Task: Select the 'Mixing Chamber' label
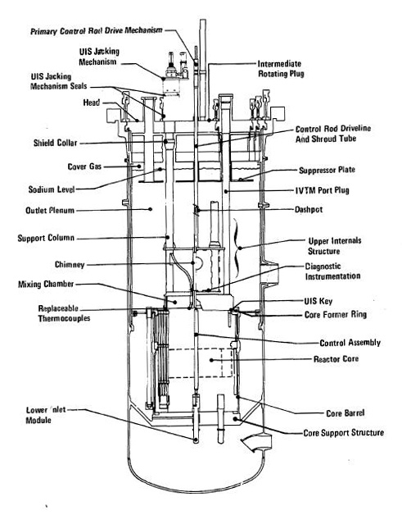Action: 55,285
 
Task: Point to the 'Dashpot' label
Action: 310,209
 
